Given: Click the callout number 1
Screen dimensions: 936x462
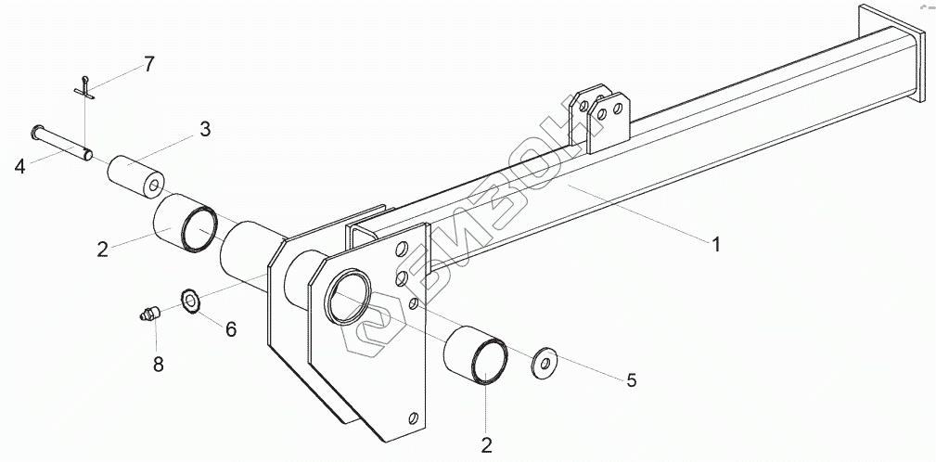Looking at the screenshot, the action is coord(716,244).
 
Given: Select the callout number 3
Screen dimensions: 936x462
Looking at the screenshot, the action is coord(205,130).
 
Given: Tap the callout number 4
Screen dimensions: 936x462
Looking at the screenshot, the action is coord(19,166).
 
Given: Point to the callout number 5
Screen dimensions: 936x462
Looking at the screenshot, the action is coord(631,379).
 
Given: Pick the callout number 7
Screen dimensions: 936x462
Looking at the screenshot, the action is coord(148,65).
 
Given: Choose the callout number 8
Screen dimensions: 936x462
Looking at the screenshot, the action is coord(158,365).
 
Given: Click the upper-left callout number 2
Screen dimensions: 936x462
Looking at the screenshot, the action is coord(103,249).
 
